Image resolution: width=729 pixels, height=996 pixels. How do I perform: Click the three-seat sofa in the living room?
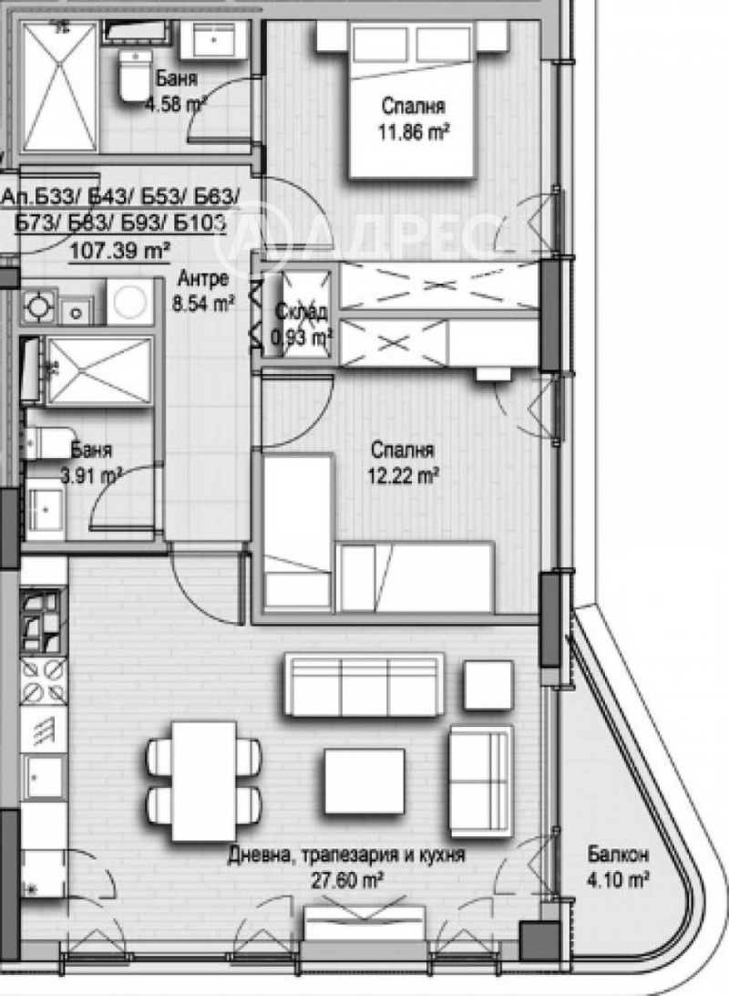point(364,684)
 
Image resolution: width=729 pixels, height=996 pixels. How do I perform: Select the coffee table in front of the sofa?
point(364,780)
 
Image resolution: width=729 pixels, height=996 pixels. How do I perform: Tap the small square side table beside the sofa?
point(488,685)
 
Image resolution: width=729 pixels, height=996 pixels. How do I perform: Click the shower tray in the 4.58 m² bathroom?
point(59,87)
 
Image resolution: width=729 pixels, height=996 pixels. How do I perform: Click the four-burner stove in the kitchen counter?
point(44,680)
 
